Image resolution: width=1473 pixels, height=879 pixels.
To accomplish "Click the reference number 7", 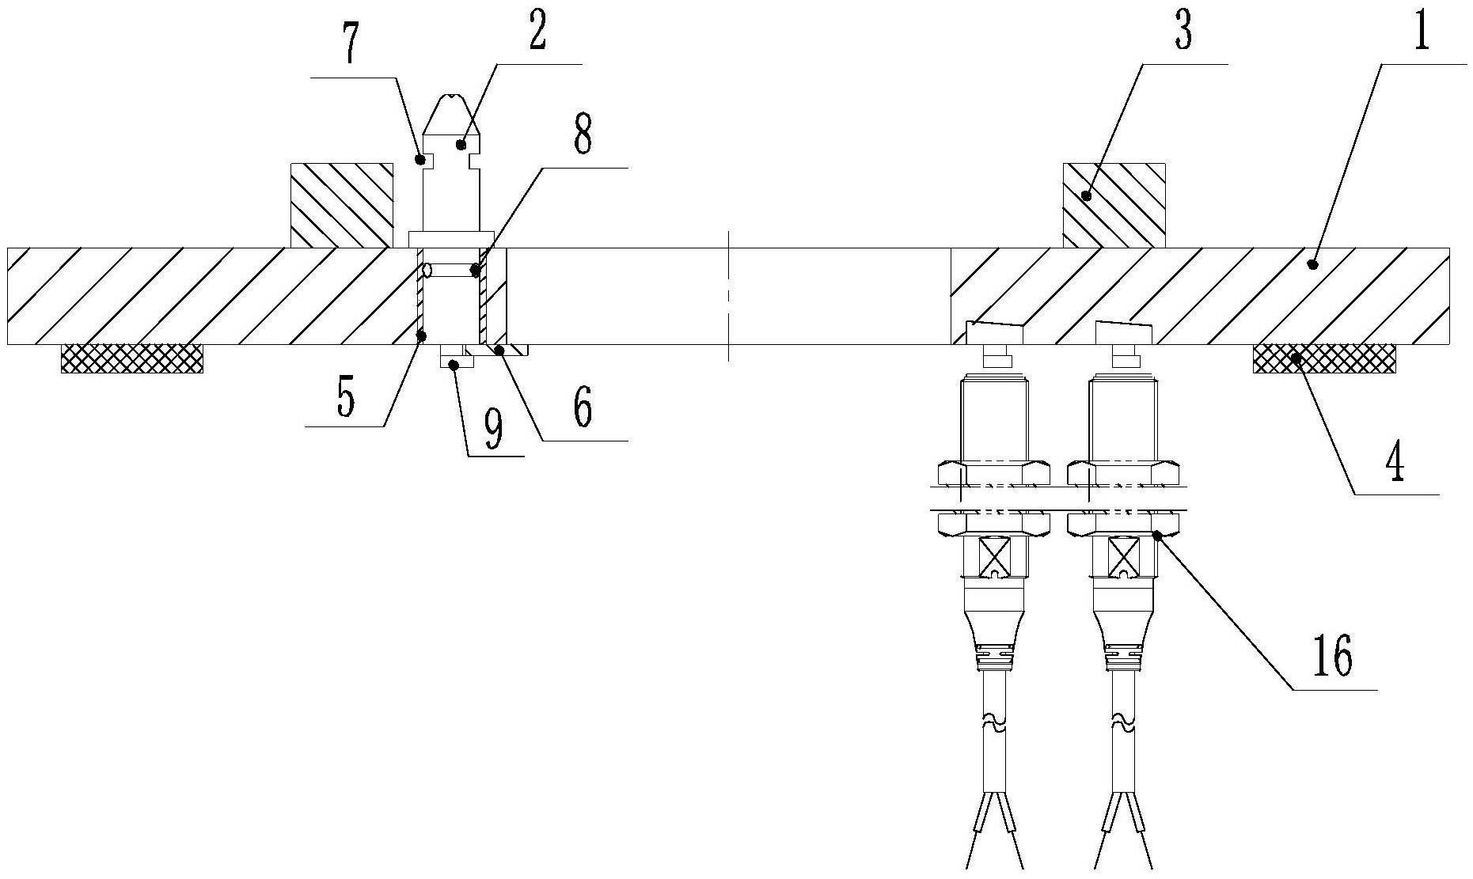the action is pyautogui.click(x=350, y=47).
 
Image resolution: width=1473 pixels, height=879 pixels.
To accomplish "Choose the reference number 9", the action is pyautogui.click(x=493, y=429).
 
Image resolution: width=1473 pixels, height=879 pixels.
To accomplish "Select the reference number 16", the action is pyautogui.click(x=1332, y=655).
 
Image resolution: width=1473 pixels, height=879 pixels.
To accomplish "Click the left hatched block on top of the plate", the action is pyautogui.click(x=342, y=206).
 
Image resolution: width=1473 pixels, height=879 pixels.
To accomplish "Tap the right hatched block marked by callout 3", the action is pyautogui.click(x=1114, y=206).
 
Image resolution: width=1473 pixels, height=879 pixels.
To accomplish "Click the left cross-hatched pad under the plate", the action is pyautogui.click(x=132, y=358).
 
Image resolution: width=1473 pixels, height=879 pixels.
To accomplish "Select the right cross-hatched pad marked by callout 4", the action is pyautogui.click(x=1323, y=358).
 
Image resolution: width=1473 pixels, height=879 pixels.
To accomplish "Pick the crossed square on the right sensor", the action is pyautogui.click(x=1123, y=555).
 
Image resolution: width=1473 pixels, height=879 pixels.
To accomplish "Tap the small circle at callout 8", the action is pyautogui.click(x=427, y=271).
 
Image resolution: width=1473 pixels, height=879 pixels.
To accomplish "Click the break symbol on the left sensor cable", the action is pyautogui.click(x=993, y=723).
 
